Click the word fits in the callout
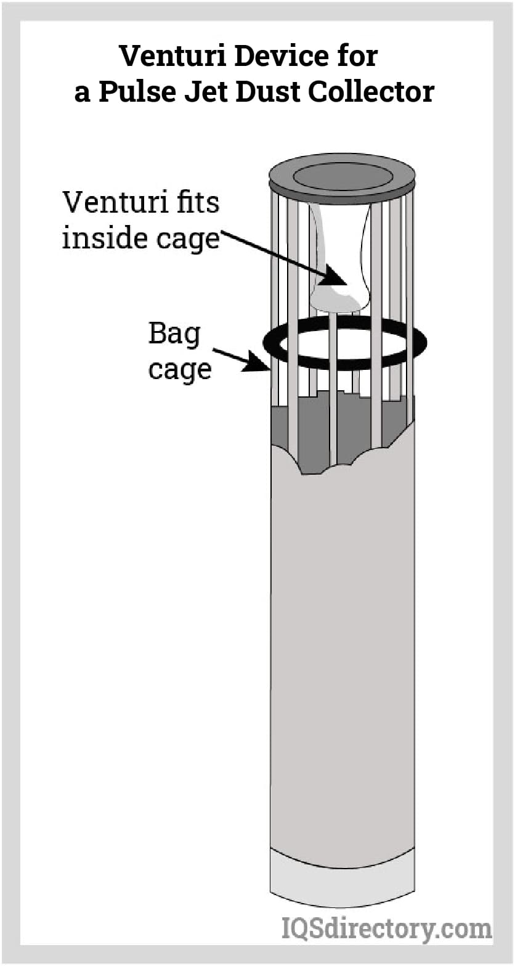[191, 202]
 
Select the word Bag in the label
[174, 335]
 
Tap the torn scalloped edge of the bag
[333, 469]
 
